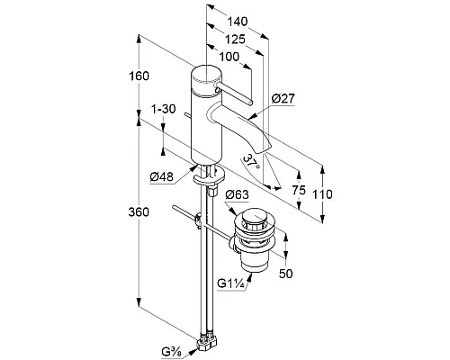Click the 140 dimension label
[x=238, y=22]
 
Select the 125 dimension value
[x=235, y=40]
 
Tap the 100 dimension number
[x=229, y=57]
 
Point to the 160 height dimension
[x=139, y=76]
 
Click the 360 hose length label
[x=139, y=212]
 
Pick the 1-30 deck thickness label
[x=164, y=109]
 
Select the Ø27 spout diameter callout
[x=283, y=98]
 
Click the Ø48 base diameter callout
[x=162, y=176]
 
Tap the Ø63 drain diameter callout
[x=237, y=194]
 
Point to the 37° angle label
[x=251, y=162]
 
